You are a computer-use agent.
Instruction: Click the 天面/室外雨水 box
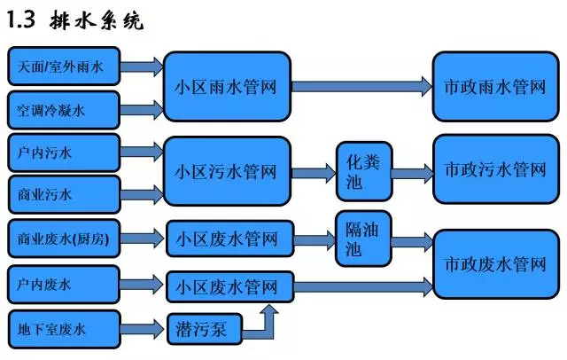coord(63,67)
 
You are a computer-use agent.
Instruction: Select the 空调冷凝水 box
coord(63,111)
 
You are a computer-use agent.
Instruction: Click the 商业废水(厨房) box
coord(63,239)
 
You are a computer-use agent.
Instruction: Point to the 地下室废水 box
coord(63,330)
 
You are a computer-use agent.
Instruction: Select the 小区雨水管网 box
coord(227,88)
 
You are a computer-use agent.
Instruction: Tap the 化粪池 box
coord(364,171)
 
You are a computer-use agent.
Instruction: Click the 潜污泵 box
coord(202,331)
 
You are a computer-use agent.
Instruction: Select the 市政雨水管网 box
coord(495,87)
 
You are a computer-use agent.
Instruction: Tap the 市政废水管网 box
coord(495,264)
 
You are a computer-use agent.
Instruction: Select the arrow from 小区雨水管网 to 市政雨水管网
coord(360,87)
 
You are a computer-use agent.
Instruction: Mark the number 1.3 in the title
coord(26,19)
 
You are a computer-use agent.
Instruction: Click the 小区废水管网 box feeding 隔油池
coord(227,239)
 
